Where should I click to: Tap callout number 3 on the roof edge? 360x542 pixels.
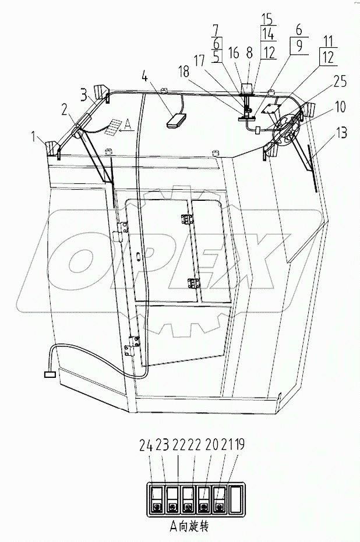tap(84, 93)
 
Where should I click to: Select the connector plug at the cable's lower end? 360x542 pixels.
tap(49, 374)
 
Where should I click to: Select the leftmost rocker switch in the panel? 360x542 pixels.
tap(156, 499)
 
